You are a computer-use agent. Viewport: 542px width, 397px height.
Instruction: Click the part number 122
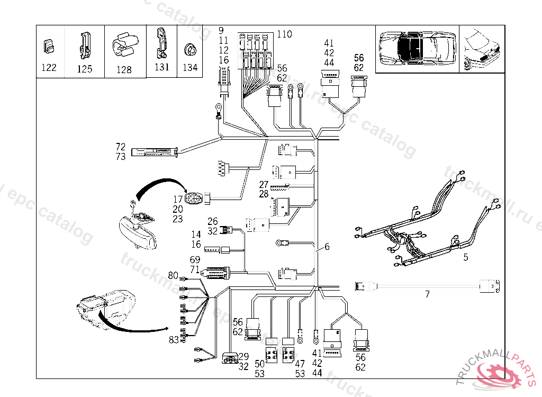pyautogui.click(x=50, y=67)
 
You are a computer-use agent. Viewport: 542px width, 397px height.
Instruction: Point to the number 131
pyautogui.click(x=162, y=67)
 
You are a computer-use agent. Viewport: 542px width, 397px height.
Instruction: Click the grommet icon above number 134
pyautogui.click(x=189, y=51)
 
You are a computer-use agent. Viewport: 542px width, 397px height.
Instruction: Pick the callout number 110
pyautogui.click(x=284, y=34)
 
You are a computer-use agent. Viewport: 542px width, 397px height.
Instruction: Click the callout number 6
pyautogui.click(x=327, y=247)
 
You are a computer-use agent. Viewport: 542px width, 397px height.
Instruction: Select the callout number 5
pyautogui.click(x=466, y=258)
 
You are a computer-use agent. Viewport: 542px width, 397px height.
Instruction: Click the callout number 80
pyautogui.click(x=173, y=275)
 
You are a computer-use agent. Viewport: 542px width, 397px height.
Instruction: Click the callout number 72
pyautogui.click(x=121, y=146)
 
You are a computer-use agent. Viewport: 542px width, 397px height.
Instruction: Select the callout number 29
pyautogui.click(x=243, y=357)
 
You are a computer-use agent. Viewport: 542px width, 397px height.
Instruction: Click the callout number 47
pyautogui.click(x=300, y=364)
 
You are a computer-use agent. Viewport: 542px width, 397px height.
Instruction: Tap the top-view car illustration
pyautogui.click(x=418, y=48)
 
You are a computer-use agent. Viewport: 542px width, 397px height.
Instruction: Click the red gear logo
pyautogui.click(x=496, y=375)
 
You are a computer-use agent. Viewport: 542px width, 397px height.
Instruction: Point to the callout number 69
pyautogui.click(x=195, y=260)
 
